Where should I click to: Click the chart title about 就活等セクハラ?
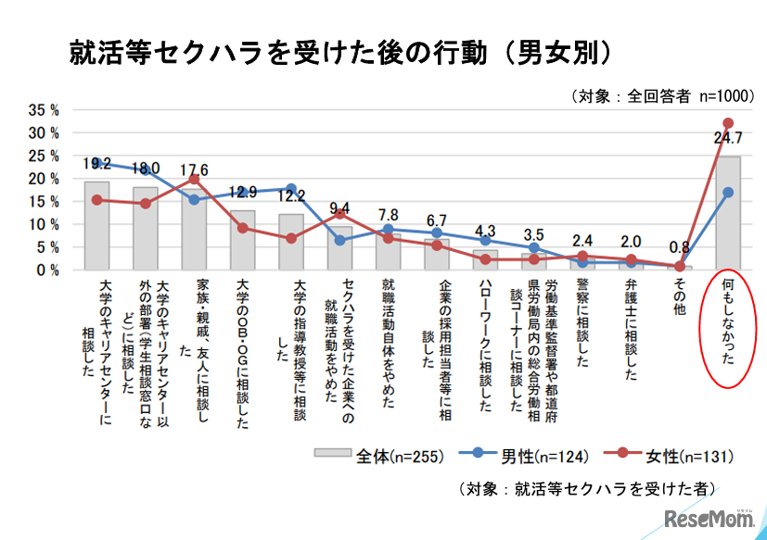click(340, 53)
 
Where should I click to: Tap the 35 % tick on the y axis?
click(44, 109)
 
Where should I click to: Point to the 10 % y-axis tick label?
click(44, 224)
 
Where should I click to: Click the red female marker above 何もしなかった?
click(728, 123)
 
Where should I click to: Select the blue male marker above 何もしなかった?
click(728, 193)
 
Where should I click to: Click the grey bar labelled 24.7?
click(728, 213)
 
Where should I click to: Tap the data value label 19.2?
click(96, 164)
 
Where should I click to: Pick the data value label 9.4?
click(340, 207)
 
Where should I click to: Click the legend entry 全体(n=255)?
click(376, 456)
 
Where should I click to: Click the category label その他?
click(679, 299)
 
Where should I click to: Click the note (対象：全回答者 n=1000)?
click(660, 95)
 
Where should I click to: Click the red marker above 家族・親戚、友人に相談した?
click(194, 179)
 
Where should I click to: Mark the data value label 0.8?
click(680, 248)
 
